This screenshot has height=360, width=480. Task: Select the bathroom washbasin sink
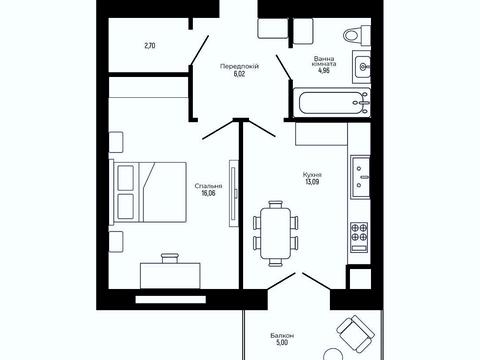361,67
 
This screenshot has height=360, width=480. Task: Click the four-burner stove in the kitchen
359,237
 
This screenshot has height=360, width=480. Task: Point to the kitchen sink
360,177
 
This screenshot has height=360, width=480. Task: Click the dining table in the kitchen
276,233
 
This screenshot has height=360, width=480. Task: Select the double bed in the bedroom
148,192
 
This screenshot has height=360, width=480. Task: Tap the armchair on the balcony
355,332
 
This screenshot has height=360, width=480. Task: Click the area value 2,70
150,46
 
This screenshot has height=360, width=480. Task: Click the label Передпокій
239,66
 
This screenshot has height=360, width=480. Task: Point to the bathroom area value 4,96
324,70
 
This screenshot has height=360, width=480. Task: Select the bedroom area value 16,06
208,193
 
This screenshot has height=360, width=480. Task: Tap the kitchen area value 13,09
312,182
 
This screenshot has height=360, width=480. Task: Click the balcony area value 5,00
282,342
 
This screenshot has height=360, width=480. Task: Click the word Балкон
282,335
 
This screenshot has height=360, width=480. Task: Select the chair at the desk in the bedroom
170,258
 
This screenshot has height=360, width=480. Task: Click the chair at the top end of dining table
276,204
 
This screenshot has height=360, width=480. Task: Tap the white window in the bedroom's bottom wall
171,300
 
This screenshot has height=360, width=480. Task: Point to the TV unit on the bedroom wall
234,193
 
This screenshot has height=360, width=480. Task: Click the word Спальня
208,186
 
